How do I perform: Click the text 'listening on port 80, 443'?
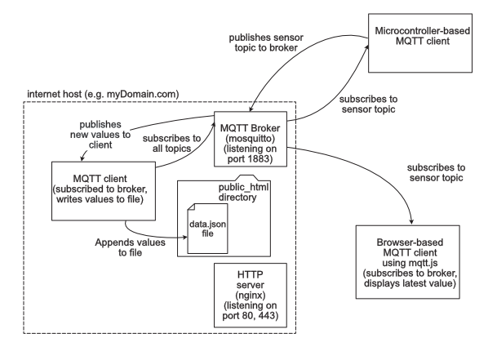[249, 313]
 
